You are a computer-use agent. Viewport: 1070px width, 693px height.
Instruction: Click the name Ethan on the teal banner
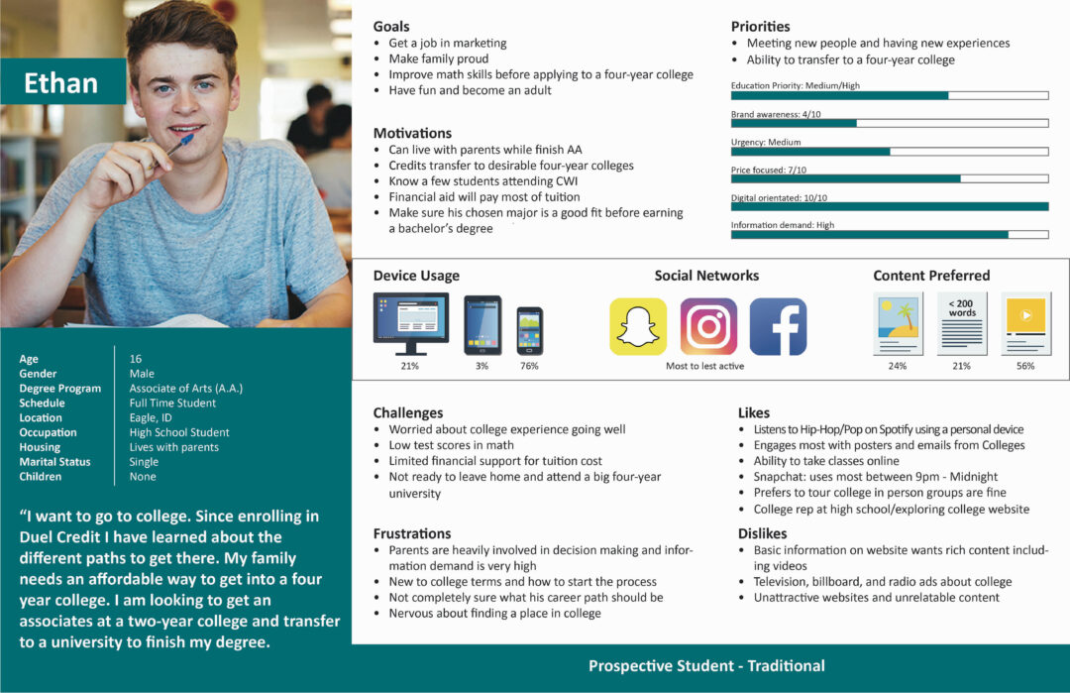tap(60, 83)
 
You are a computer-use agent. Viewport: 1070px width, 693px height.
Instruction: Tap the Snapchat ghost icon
tap(637, 326)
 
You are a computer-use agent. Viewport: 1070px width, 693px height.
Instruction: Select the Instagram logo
tap(707, 326)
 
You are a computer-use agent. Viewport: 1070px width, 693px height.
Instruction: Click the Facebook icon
tap(778, 326)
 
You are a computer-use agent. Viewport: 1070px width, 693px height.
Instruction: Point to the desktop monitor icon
tap(410, 322)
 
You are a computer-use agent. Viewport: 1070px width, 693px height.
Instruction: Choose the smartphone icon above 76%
tap(529, 330)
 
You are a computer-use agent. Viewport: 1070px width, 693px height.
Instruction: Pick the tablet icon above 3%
tap(482, 325)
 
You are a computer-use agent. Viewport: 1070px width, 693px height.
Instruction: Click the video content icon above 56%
tap(1024, 322)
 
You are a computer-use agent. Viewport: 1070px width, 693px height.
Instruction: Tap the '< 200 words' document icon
tap(961, 323)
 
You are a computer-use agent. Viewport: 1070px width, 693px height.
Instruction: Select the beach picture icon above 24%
tap(898, 323)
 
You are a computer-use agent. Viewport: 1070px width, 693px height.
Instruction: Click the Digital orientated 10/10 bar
tap(889, 206)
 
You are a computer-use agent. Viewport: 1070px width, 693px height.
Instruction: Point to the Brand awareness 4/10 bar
tap(889, 123)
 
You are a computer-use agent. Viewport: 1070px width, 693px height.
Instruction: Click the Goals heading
tap(391, 27)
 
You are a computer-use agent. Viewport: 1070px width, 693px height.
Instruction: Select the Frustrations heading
tap(412, 533)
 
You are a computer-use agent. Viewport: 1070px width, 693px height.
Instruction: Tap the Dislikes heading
tap(762, 533)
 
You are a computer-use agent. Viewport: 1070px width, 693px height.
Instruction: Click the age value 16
tap(136, 359)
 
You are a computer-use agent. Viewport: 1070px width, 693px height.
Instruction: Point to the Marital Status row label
tap(54, 462)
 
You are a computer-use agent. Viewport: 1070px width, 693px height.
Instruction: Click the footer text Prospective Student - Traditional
tap(706, 666)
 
